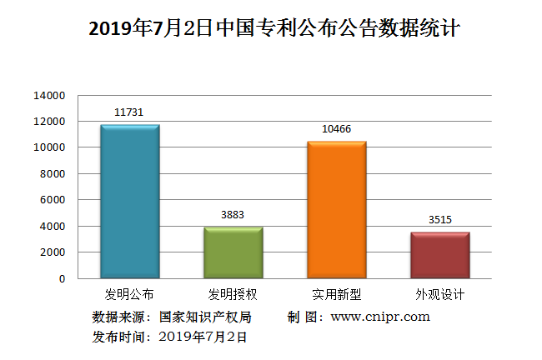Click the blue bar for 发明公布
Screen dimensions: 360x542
[x=130, y=202]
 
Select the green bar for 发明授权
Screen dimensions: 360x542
[x=233, y=252]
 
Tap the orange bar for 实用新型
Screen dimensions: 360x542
[x=337, y=210]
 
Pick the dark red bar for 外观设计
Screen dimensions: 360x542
[x=440, y=255]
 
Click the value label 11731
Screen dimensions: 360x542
[x=129, y=112]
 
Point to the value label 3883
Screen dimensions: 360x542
[x=233, y=214]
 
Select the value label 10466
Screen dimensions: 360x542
[x=337, y=128]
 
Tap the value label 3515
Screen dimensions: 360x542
[x=440, y=219]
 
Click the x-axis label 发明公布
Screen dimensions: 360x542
[x=129, y=295]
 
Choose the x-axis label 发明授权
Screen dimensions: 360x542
[x=233, y=295]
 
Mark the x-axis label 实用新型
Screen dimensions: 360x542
[x=337, y=295]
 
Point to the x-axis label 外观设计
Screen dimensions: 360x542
[x=440, y=295]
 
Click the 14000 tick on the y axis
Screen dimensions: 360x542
[x=49, y=96]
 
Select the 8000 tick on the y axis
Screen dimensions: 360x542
[x=53, y=174]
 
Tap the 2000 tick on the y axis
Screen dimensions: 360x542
[x=53, y=252]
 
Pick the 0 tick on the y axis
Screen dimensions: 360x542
[x=62, y=279]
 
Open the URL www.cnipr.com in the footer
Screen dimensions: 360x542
[x=380, y=317]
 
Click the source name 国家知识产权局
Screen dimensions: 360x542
[x=204, y=317]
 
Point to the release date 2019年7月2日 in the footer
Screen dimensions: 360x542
[x=203, y=337]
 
